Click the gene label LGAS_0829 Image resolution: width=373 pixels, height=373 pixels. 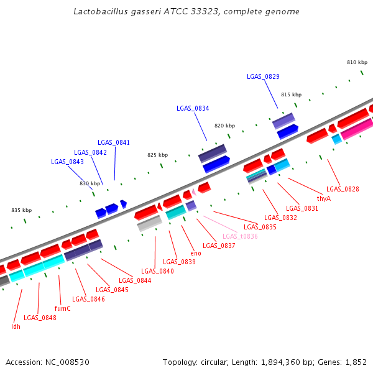[x=263, y=76]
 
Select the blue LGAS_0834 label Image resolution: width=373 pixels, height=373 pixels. [x=193, y=108]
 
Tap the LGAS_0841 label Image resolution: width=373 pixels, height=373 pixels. [x=114, y=142]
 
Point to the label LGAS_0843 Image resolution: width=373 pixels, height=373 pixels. [x=67, y=162]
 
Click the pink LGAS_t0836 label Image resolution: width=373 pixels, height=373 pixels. [x=240, y=236]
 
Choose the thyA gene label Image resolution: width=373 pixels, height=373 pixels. [x=323, y=198]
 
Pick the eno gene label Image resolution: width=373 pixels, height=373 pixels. [x=196, y=253]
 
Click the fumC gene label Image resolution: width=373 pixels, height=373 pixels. [x=63, y=308]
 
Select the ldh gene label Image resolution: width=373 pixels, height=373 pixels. [x=16, y=326]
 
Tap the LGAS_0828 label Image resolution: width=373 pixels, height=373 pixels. [x=343, y=189]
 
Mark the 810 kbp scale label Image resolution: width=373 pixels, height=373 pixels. [x=357, y=62]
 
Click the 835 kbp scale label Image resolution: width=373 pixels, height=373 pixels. [x=21, y=210]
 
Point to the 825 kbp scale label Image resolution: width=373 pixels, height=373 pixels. [x=157, y=155]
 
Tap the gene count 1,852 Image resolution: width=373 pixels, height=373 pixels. [x=354, y=362]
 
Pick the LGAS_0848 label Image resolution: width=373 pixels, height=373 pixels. [x=40, y=318]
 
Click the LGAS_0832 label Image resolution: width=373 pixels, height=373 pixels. [x=280, y=218]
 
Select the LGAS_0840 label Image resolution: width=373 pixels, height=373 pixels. [x=157, y=271]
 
